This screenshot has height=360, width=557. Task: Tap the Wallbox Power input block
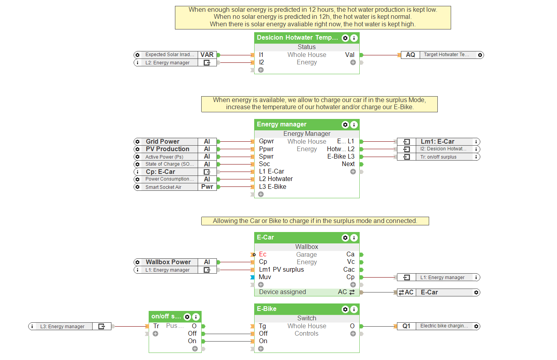coord(168,262)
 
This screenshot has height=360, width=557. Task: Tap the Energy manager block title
coord(282,124)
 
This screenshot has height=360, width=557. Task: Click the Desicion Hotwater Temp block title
coord(297,38)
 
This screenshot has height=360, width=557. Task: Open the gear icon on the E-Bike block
coord(345,309)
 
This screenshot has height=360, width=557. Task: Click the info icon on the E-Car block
coord(354,238)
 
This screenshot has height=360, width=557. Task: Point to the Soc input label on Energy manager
coord(264,164)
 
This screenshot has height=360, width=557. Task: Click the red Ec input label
coord(263,254)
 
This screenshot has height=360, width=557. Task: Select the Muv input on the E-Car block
coord(265,277)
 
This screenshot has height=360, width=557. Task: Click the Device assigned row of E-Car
coord(282,292)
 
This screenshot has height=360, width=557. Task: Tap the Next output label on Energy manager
coord(348,164)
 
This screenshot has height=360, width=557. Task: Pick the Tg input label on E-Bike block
coord(262,326)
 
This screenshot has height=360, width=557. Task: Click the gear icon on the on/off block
coord(187,317)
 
